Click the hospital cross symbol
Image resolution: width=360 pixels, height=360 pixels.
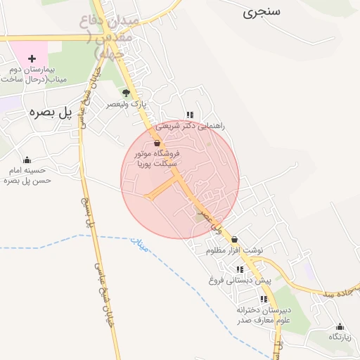32,58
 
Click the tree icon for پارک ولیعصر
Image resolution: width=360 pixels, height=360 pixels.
126,93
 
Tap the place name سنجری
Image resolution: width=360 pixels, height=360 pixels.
261,13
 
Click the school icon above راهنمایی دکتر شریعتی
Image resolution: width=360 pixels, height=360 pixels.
190,115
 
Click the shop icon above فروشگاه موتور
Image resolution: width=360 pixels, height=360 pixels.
156,143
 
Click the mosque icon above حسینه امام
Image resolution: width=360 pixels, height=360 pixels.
27,160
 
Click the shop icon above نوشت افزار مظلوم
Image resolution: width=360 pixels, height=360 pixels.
234,240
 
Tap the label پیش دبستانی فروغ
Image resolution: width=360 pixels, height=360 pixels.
240,280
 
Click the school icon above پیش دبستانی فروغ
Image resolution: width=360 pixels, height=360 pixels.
240,269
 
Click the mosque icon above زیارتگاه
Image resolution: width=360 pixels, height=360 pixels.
340,326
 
